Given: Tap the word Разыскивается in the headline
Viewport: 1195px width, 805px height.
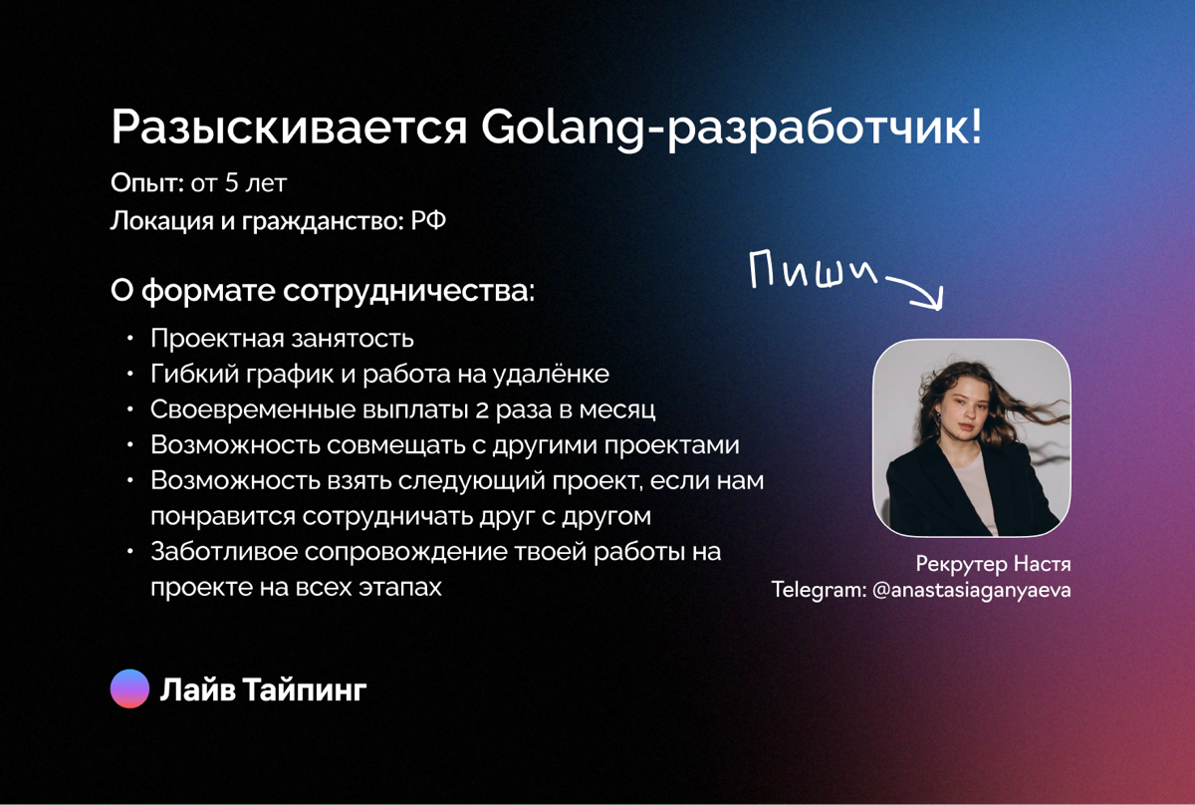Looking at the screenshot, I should (289, 130).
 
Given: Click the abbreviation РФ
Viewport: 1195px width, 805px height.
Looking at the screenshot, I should (428, 220).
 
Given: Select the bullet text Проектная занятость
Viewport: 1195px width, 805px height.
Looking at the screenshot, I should (282, 339).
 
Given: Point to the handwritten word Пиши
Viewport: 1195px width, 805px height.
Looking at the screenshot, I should (812, 272).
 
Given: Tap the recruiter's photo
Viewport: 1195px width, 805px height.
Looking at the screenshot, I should (972, 438).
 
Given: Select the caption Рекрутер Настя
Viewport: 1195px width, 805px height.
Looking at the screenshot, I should (993, 565).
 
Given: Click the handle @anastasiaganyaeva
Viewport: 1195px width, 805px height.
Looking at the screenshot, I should (971, 590).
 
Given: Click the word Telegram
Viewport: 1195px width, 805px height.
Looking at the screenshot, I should (818, 590).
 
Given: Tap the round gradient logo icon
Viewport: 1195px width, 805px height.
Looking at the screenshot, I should (129, 688).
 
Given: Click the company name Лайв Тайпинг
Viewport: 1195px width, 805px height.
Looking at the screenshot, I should (264, 689).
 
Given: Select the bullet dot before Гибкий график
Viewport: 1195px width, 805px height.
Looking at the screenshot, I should (130, 375).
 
